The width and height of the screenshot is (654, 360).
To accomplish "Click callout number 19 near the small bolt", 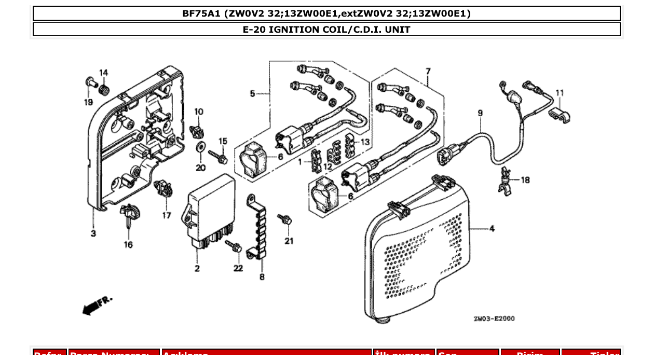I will [89, 102].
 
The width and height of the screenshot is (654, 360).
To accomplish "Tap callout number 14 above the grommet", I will [103, 73].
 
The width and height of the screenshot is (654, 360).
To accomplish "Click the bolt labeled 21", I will [285, 220].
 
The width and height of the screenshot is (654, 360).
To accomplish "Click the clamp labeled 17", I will [164, 188].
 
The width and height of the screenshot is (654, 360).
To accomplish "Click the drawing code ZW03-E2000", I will [494, 319].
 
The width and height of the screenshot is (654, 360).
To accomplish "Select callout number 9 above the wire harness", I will [480, 113].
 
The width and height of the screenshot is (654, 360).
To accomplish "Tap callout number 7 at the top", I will [428, 70].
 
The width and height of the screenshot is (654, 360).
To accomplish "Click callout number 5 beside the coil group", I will [252, 94].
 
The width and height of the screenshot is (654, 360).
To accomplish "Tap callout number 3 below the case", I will [93, 234].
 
